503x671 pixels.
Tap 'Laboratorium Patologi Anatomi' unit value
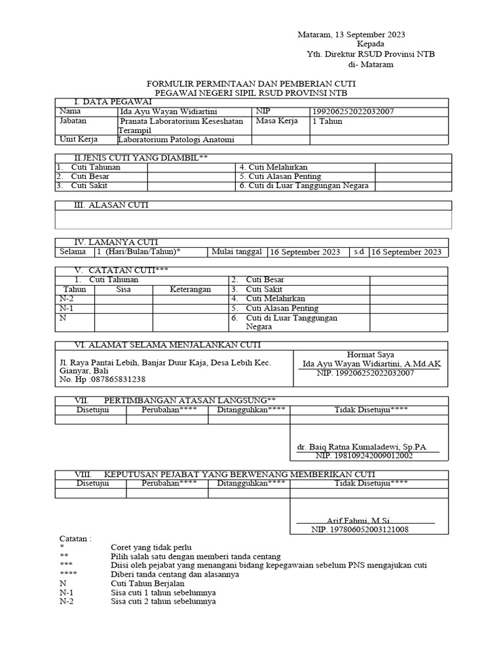pyautogui.click(x=176, y=140)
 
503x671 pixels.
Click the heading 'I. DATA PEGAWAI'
pyautogui.click(x=109, y=102)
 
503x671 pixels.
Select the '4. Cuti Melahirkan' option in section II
pyautogui.click(x=273, y=167)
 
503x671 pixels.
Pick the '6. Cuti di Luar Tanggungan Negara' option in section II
pyautogui.click(x=304, y=185)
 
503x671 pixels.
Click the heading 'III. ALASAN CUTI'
pyautogui.click(x=111, y=205)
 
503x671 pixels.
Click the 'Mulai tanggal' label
pyautogui.click(x=236, y=252)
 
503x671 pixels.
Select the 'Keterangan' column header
pyautogui.click(x=191, y=289)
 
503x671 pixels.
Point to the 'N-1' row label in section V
pyautogui.click(x=66, y=308)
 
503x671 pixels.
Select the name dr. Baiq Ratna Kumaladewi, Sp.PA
pyautogui.click(x=361, y=447)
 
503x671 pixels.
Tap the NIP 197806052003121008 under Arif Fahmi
pyautogui.click(x=360, y=529)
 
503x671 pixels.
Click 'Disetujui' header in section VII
pyautogui.click(x=92, y=410)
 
